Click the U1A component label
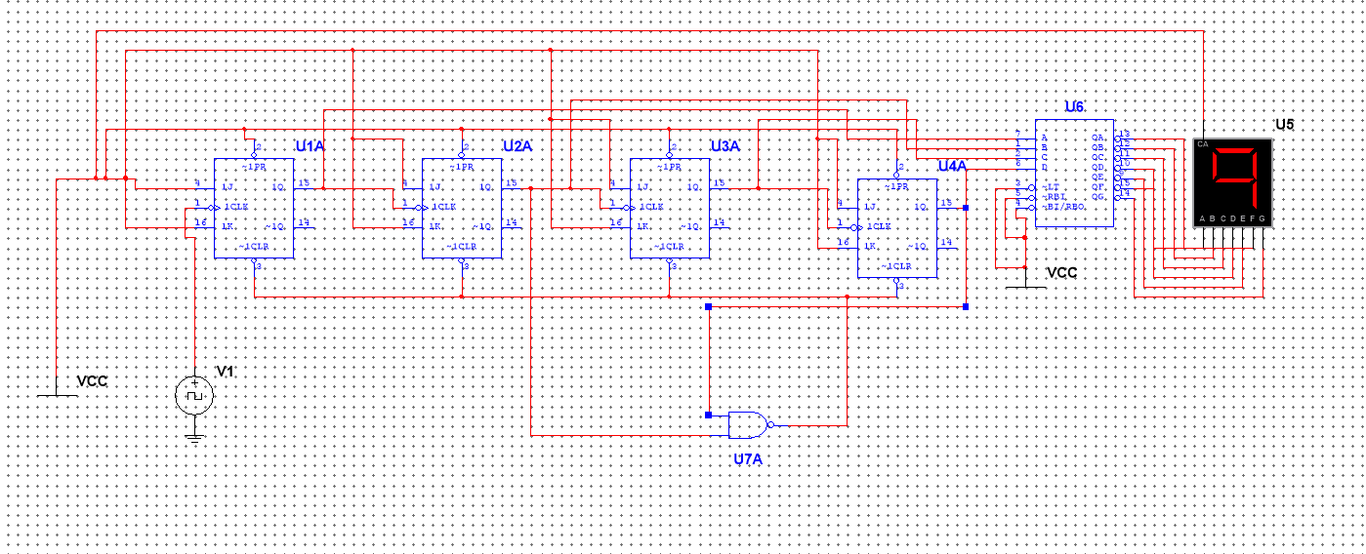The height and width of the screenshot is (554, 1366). tap(310, 145)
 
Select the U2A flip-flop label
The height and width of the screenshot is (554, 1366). tap(517, 145)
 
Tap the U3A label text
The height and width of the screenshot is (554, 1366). tap(724, 145)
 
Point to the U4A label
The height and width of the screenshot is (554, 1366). tap(951, 167)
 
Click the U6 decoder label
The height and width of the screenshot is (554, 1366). tap(1074, 106)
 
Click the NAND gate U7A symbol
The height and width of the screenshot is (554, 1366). tap(747, 425)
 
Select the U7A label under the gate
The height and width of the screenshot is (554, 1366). tap(748, 458)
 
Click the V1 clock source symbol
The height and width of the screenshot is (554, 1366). tap(193, 396)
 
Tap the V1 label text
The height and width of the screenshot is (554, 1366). tap(225, 371)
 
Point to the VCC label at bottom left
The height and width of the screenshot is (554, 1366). tap(92, 381)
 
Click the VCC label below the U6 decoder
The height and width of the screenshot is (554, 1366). tap(1061, 273)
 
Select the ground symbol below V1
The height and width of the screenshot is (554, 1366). tap(194, 437)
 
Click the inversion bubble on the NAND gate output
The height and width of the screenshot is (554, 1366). tap(770, 425)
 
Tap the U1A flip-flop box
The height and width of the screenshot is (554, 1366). tap(254, 208)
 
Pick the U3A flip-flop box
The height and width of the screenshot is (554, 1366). tap(669, 208)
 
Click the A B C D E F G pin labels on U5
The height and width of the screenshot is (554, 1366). tap(1232, 218)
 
